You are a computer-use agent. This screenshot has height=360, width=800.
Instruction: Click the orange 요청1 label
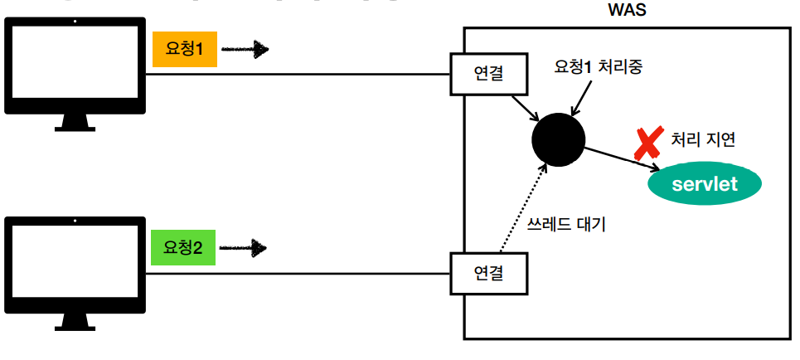click(185, 51)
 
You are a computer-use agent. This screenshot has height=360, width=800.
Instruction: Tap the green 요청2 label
click(183, 248)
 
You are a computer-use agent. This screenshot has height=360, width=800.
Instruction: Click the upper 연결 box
click(489, 74)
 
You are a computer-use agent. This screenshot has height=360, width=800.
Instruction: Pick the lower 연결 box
click(489, 272)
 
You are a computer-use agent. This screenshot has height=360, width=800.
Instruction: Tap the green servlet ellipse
click(704, 183)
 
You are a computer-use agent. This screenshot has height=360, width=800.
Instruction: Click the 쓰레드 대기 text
click(567, 223)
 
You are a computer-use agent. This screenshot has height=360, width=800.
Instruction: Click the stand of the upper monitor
click(74, 124)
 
